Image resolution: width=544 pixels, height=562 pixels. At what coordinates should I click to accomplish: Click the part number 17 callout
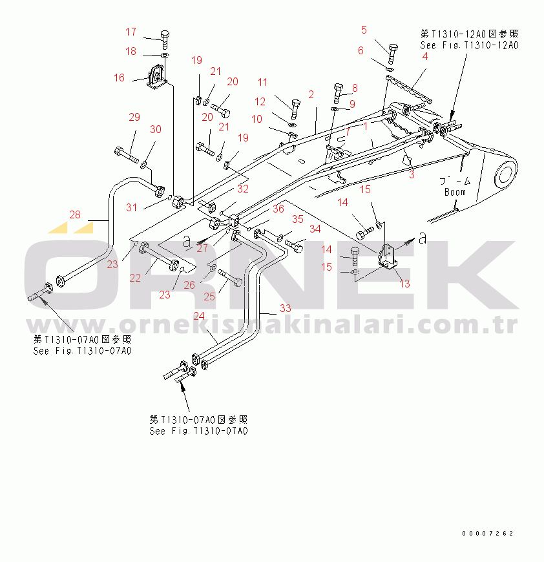131,32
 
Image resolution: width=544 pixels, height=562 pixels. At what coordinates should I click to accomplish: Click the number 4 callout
425,56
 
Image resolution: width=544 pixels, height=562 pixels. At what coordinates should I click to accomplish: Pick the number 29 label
134,117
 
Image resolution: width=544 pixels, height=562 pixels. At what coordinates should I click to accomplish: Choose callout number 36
278,209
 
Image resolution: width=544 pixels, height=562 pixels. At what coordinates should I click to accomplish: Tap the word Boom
455,192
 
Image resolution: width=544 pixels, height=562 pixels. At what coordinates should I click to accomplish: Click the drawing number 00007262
488,534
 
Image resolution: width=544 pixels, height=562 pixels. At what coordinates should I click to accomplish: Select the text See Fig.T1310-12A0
469,45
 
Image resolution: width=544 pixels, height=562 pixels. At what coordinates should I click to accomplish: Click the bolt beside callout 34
295,245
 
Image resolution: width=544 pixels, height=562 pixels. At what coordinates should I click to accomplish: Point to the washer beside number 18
163,57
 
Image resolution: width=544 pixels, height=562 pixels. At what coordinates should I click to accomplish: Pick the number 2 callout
311,94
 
